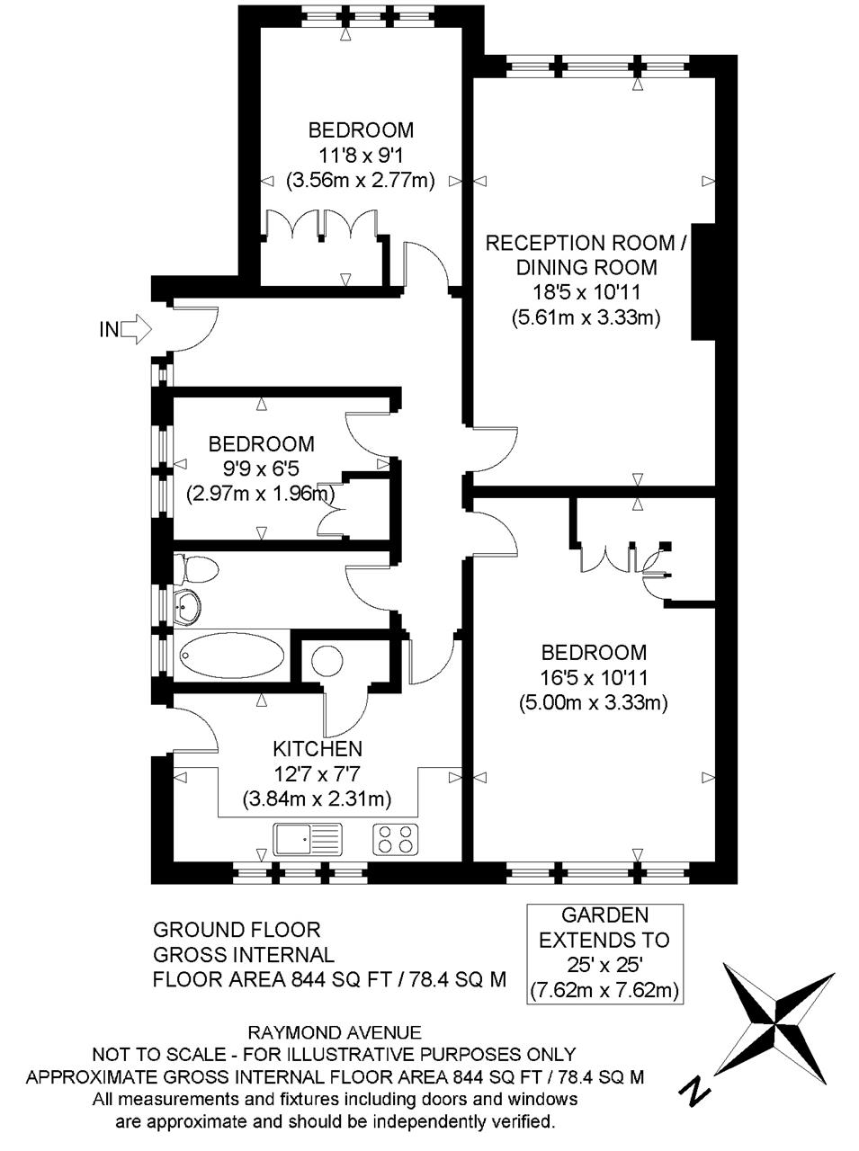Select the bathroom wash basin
[187, 608]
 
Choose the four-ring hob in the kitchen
[396, 839]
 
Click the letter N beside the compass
[693, 1089]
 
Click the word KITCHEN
[318, 748]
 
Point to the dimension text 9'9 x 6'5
[261, 468]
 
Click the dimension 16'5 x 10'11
[593, 677]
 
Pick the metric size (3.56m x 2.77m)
[361, 180]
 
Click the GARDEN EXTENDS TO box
[604, 953]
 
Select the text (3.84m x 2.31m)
[318, 798]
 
